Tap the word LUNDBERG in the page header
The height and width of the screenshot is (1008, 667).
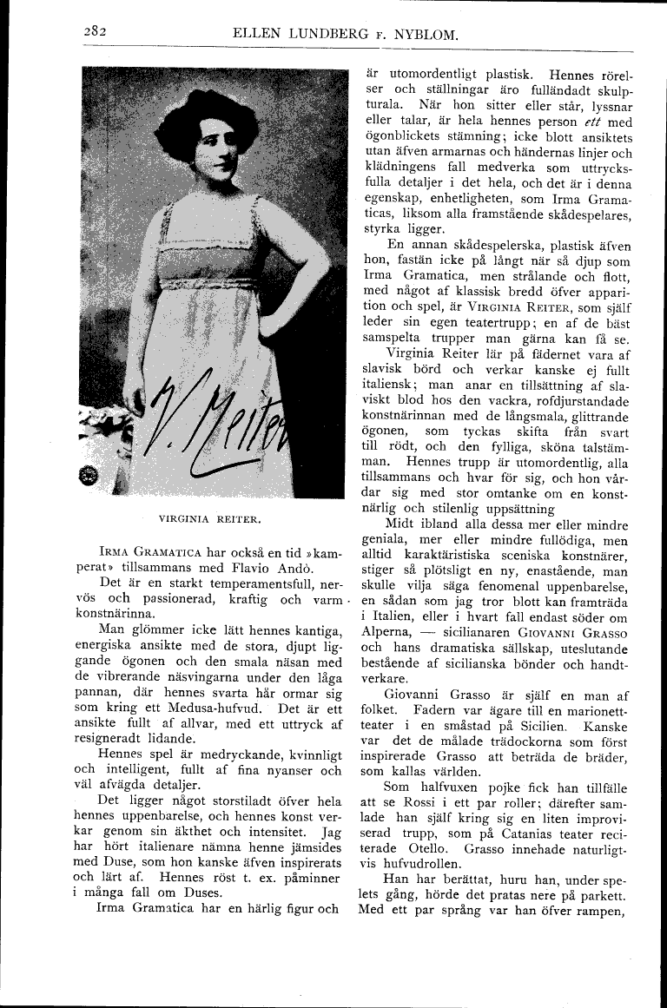(324, 35)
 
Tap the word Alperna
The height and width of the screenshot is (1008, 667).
(385, 633)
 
